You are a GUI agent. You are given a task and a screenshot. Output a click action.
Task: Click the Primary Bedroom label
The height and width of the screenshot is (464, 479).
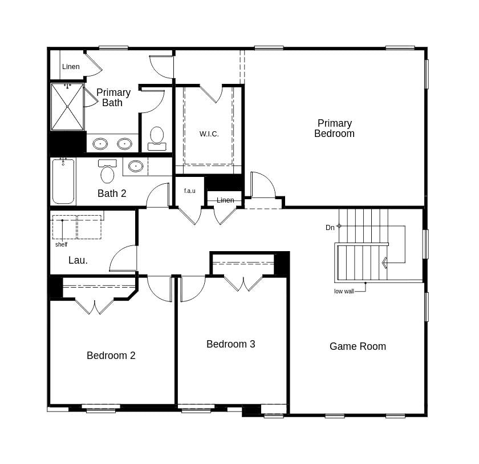click(x=335, y=128)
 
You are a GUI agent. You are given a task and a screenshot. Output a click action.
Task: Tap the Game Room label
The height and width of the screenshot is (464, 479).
click(x=358, y=346)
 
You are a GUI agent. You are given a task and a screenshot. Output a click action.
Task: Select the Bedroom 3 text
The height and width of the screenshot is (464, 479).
click(x=230, y=344)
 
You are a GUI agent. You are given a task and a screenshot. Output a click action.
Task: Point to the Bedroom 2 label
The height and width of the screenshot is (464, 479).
click(x=111, y=356)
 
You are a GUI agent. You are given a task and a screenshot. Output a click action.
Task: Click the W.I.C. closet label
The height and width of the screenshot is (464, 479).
click(x=209, y=134)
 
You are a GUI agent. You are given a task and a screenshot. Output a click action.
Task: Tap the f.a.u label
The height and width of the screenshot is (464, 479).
click(x=189, y=191)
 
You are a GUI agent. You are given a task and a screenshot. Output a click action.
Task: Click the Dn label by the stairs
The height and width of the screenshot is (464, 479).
click(x=330, y=228)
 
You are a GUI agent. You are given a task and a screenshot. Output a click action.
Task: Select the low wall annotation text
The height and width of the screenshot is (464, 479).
click(x=344, y=291)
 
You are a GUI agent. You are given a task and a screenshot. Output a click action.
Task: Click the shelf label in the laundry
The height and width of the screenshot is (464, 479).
click(x=61, y=244)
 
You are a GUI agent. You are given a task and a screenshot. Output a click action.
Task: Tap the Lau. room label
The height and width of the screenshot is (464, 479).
click(x=78, y=260)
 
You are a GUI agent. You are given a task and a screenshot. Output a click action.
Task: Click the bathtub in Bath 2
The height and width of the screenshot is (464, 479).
click(x=63, y=181)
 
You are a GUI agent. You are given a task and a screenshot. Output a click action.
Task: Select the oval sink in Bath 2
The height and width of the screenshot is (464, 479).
click(x=136, y=166)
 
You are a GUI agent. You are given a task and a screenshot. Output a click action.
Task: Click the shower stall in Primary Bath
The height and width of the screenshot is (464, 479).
click(x=67, y=107)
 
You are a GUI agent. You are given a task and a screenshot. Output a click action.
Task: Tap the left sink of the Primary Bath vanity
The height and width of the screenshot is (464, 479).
click(x=100, y=143)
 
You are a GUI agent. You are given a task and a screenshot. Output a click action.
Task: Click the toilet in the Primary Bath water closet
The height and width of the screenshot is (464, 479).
click(x=157, y=138)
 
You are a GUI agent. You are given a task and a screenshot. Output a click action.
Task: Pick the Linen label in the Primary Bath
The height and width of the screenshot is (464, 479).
click(x=71, y=67)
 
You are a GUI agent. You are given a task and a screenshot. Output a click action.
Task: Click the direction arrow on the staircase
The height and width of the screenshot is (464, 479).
click(x=385, y=263)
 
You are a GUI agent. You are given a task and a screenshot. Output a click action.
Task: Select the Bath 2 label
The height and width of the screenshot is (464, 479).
click(x=112, y=193)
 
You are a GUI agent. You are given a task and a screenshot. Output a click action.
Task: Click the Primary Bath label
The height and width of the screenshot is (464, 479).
click(x=113, y=98)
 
